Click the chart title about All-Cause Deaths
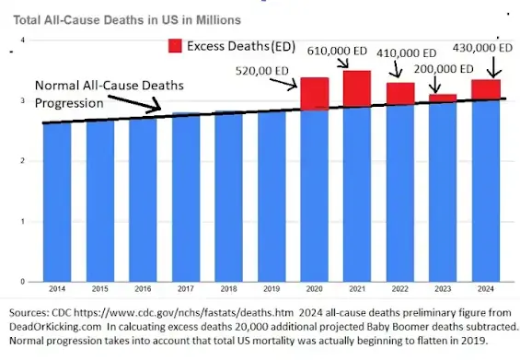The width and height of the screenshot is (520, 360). (x=128, y=18)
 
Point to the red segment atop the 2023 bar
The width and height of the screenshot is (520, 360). (x=443, y=98)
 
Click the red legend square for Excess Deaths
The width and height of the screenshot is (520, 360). (x=174, y=45)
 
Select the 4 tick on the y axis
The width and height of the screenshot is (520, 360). (x=23, y=41)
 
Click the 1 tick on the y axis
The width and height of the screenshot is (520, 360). (x=23, y=221)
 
